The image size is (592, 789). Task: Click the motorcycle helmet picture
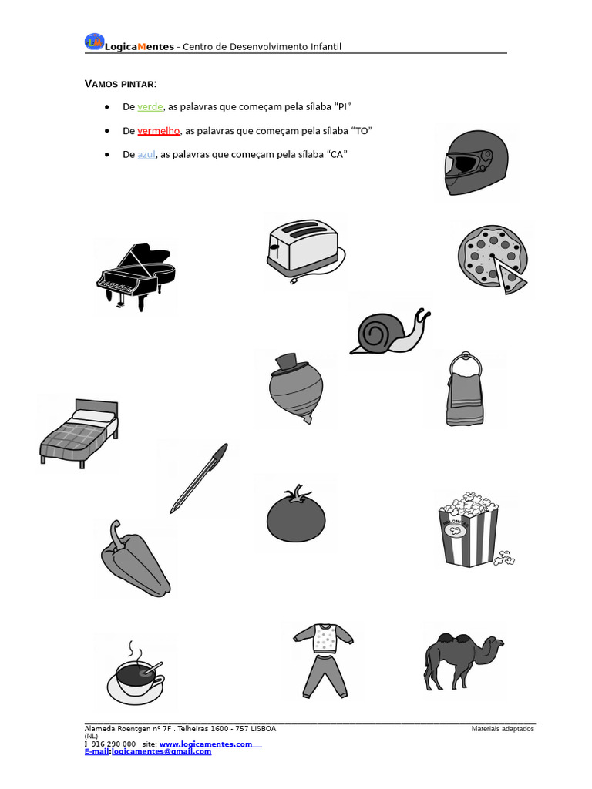pos(476,163)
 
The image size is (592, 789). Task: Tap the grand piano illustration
pos(136,276)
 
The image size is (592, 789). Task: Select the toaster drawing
pos(301,248)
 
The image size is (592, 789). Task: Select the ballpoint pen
pos(199,478)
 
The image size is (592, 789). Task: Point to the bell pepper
pos(136,559)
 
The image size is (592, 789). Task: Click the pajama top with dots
pos(324,639)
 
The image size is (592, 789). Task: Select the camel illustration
pos(461,660)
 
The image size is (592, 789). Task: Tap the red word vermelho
pos(158,131)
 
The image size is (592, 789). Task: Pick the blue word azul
pos(146,155)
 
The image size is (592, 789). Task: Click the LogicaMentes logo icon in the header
pos(94,43)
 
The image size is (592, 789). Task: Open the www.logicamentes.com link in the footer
pos(206,744)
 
